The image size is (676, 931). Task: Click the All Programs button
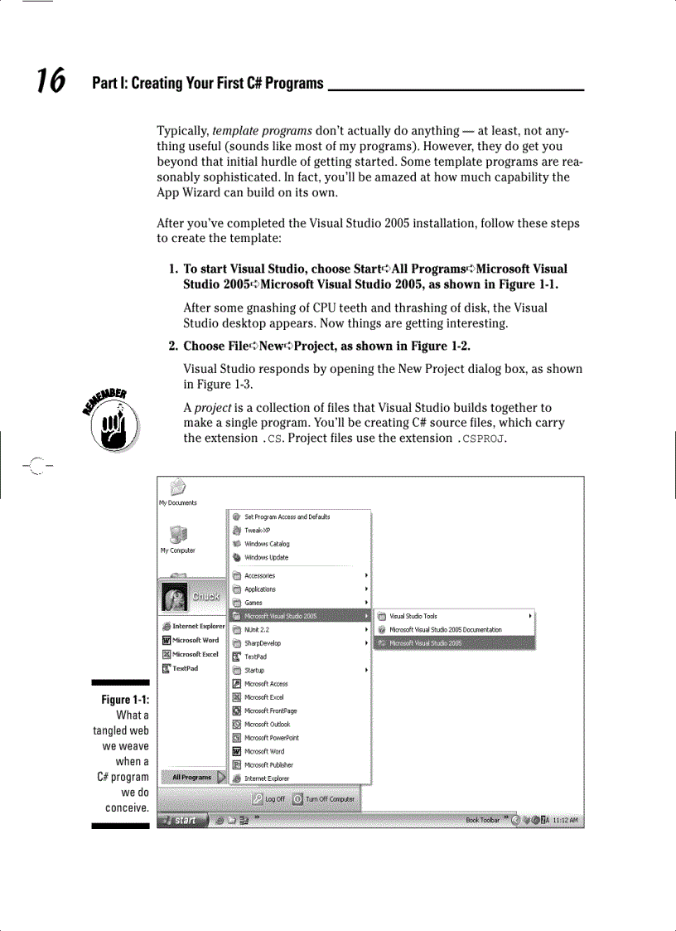[193, 778]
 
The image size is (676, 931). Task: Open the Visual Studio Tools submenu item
[413, 616]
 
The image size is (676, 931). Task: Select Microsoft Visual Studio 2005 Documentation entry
[445, 629]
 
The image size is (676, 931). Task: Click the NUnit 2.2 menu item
[258, 629]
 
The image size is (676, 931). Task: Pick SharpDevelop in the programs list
[262, 643]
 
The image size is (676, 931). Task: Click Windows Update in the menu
[266, 557]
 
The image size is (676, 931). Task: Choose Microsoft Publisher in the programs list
[268, 764]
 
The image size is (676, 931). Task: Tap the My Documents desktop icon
[177, 492]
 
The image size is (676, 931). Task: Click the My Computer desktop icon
[177, 539]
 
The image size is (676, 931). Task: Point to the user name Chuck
[206, 596]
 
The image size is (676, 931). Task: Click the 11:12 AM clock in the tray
[566, 820]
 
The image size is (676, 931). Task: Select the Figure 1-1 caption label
[125, 700]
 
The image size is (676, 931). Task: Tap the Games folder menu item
[253, 603]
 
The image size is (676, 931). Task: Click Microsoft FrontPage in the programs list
[270, 710]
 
